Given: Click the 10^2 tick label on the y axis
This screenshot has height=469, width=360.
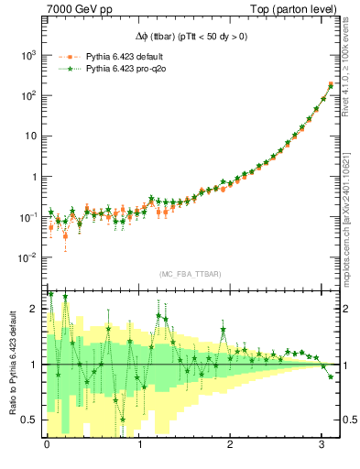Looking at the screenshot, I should [28, 96].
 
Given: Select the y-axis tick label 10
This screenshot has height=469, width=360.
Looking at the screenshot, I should [30, 136].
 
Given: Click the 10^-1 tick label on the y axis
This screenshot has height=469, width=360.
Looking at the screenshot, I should [28, 217].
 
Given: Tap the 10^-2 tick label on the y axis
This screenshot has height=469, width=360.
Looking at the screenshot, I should [28, 257].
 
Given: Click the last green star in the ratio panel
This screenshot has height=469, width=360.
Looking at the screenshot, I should [331, 376].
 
